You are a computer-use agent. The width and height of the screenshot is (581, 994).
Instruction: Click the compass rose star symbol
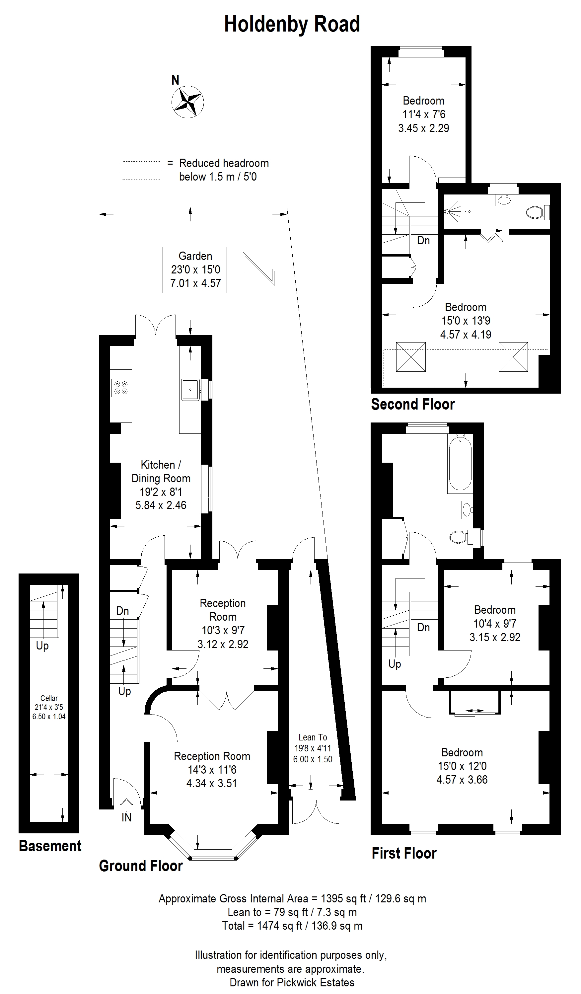click(x=187, y=102)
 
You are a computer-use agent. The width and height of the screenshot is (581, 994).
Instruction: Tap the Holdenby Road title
click(x=292, y=25)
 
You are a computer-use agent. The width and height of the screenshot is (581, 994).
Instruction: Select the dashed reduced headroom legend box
click(x=141, y=170)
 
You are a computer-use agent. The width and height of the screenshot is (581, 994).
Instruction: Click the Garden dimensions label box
click(x=195, y=270)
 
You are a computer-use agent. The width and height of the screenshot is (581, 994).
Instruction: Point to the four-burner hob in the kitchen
click(x=121, y=387)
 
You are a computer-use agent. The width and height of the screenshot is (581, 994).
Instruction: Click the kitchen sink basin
click(x=191, y=390)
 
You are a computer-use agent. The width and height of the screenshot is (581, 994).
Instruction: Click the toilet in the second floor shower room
click(x=538, y=213)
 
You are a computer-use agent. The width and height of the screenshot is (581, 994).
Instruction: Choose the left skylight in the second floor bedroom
click(x=410, y=356)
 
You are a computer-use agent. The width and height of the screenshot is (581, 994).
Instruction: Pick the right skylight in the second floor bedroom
click(x=513, y=356)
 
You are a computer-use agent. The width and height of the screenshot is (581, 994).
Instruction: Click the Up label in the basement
click(x=42, y=646)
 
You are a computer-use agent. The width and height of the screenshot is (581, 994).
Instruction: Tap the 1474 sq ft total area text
click(x=292, y=925)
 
